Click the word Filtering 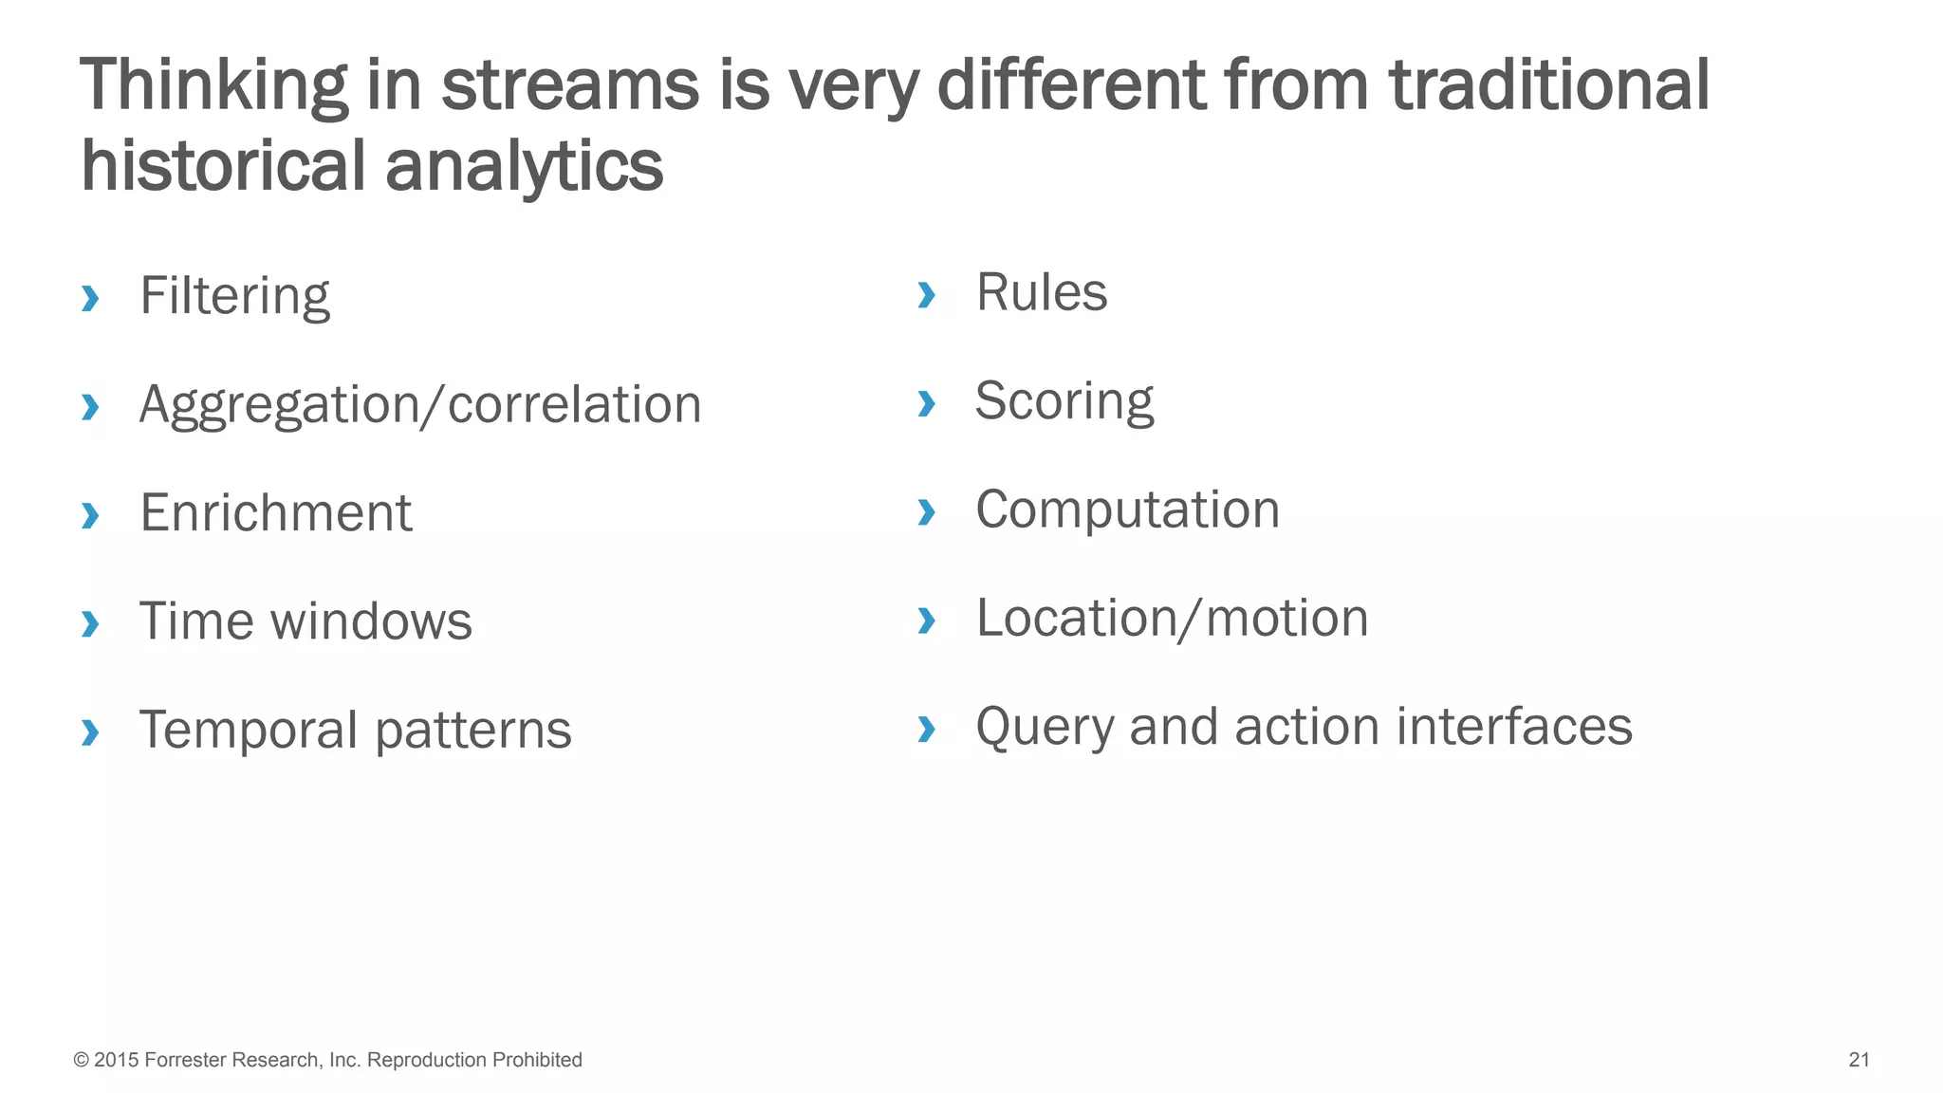(234, 296)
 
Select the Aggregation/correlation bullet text (419, 405)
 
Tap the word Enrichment (275, 513)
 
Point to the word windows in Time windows (371, 621)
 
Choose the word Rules (1041, 292)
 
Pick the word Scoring (1064, 401)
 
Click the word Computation (1127, 509)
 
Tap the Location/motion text (1172, 619)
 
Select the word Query (1045, 728)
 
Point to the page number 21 (1859, 1060)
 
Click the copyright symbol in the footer (81, 1060)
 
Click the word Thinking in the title (214, 85)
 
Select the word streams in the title (569, 85)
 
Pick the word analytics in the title (524, 166)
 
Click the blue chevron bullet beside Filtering (90, 298)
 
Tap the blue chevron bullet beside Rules (926, 294)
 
